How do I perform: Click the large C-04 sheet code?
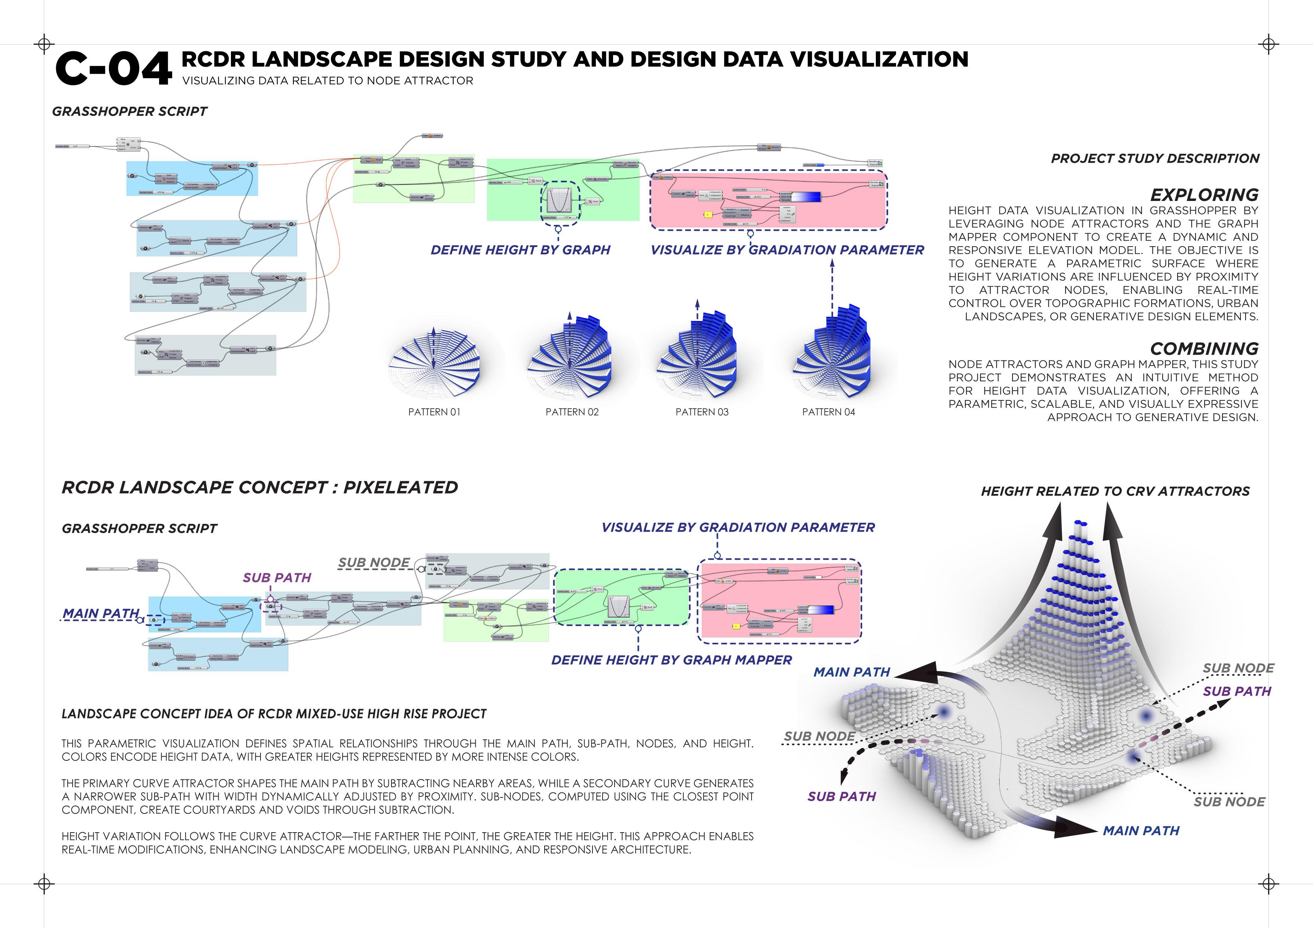(x=113, y=68)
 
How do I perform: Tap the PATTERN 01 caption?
(x=434, y=412)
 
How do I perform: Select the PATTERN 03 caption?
(x=702, y=412)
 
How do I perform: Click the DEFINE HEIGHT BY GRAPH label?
(x=520, y=250)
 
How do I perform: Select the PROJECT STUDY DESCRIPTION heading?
(x=1155, y=158)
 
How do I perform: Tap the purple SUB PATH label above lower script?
(x=277, y=577)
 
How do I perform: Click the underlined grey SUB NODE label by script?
(x=374, y=563)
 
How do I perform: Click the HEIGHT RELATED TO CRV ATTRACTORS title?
(x=1115, y=491)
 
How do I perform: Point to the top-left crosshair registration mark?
(x=44, y=44)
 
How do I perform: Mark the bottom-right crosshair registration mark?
(x=1268, y=883)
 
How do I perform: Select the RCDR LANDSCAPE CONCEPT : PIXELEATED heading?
(x=260, y=487)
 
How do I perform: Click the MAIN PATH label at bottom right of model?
(x=1141, y=831)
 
